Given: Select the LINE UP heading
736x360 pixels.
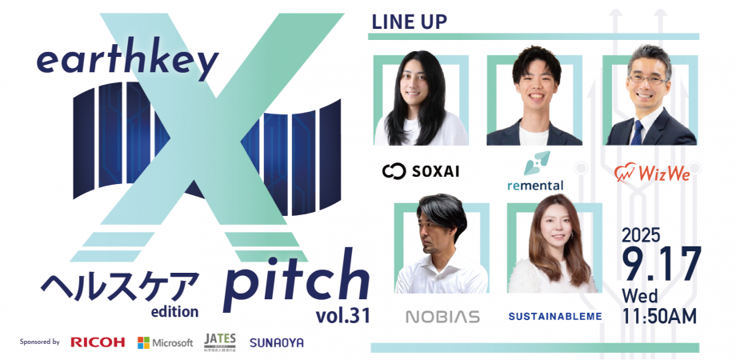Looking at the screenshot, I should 409,22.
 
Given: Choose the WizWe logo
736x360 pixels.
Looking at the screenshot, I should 652,172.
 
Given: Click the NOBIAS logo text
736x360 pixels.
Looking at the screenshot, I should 442,316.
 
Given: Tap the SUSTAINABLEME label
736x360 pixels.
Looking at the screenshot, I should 554,317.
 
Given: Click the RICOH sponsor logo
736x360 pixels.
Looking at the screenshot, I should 98,342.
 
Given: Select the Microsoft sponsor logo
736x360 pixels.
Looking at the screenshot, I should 166,342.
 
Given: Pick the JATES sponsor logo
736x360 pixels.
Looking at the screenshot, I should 219,342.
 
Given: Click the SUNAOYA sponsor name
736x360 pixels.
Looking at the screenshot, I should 276,342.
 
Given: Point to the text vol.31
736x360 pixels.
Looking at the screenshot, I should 342,315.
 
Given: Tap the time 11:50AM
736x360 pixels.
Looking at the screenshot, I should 660,315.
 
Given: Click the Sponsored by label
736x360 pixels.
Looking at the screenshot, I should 40,342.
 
